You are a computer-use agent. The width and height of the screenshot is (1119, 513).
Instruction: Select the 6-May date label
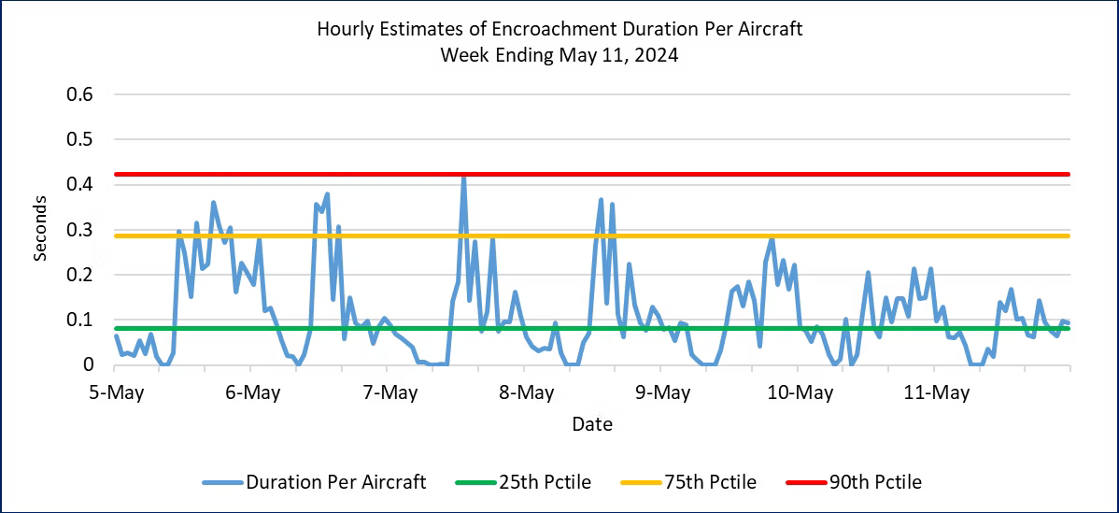click(252, 392)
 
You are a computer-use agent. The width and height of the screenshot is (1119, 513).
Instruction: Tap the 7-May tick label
click(390, 392)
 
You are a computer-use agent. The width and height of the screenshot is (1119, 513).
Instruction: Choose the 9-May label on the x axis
click(663, 392)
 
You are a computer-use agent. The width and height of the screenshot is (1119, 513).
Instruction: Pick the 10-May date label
click(800, 392)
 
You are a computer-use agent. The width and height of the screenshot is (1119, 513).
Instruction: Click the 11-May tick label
click(937, 392)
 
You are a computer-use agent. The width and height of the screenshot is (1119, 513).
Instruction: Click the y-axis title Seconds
click(40, 229)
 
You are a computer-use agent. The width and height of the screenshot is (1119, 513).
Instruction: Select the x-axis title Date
click(592, 424)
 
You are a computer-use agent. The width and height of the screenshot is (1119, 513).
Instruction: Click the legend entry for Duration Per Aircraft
click(335, 482)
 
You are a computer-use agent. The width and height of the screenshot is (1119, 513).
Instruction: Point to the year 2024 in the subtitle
click(657, 55)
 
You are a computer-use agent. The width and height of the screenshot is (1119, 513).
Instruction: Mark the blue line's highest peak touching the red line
click(463, 176)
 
